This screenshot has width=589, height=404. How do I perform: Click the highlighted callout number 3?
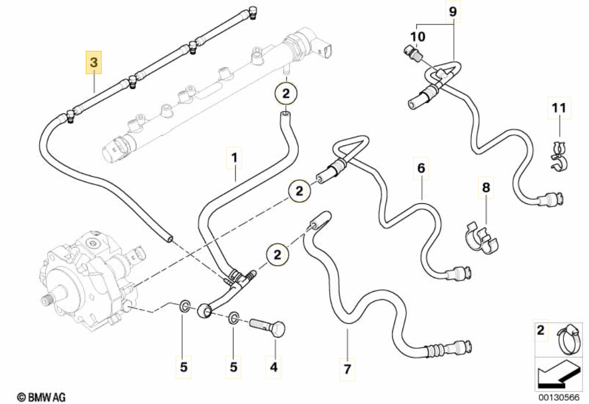(94, 63)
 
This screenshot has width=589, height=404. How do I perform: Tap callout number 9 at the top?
(453, 12)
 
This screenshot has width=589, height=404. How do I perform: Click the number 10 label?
(418, 37)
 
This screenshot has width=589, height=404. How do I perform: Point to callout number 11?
(559, 108)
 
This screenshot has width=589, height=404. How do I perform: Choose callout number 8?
(486, 188)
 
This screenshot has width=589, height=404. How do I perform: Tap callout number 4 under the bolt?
(274, 367)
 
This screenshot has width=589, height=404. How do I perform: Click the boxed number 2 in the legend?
(541, 330)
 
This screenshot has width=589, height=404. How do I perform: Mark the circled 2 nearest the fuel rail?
(286, 95)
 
